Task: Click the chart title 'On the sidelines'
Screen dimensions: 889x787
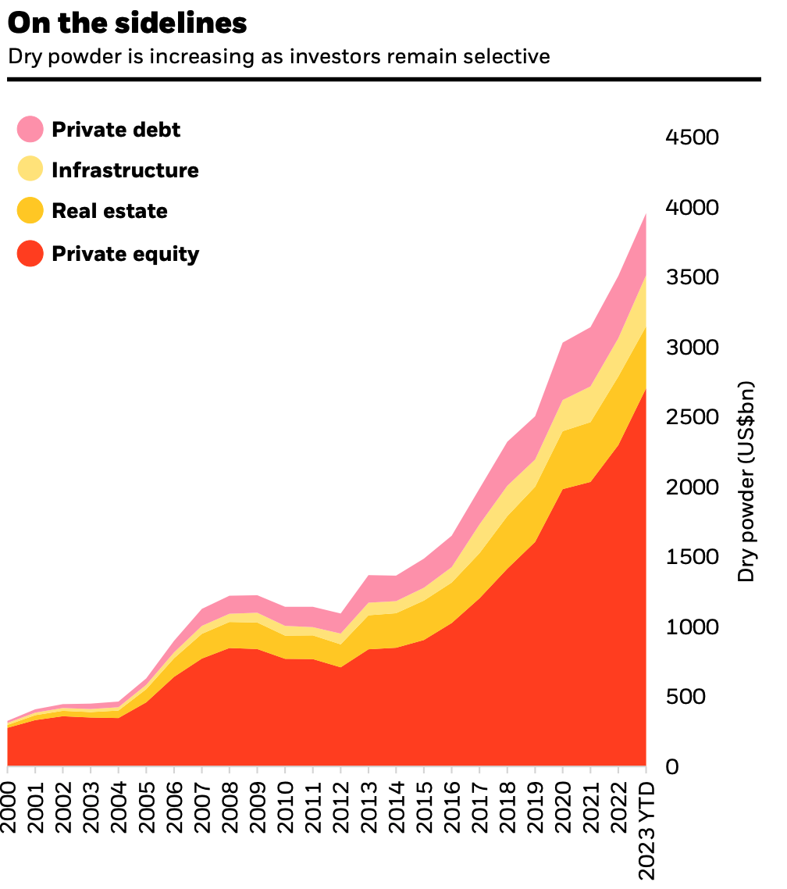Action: coord(127,23)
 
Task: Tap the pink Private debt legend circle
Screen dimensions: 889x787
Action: coord(30,129)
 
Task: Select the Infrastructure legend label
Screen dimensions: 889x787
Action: coord(125,170)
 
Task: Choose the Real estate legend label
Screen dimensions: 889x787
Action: coord(109,211)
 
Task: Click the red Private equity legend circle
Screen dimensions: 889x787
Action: coord(30,253)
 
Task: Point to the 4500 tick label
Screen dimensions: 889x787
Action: coord(692,137)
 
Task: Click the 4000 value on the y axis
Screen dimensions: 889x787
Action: coord(692,208)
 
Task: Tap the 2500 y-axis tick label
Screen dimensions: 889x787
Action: coord(692,417)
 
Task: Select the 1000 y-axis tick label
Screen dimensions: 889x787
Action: coord(692,627)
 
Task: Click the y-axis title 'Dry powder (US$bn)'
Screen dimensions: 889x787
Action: coord(747,481)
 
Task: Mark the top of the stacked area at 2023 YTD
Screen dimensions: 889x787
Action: coord(646,213)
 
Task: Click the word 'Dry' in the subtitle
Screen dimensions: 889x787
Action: coord(22,57)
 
